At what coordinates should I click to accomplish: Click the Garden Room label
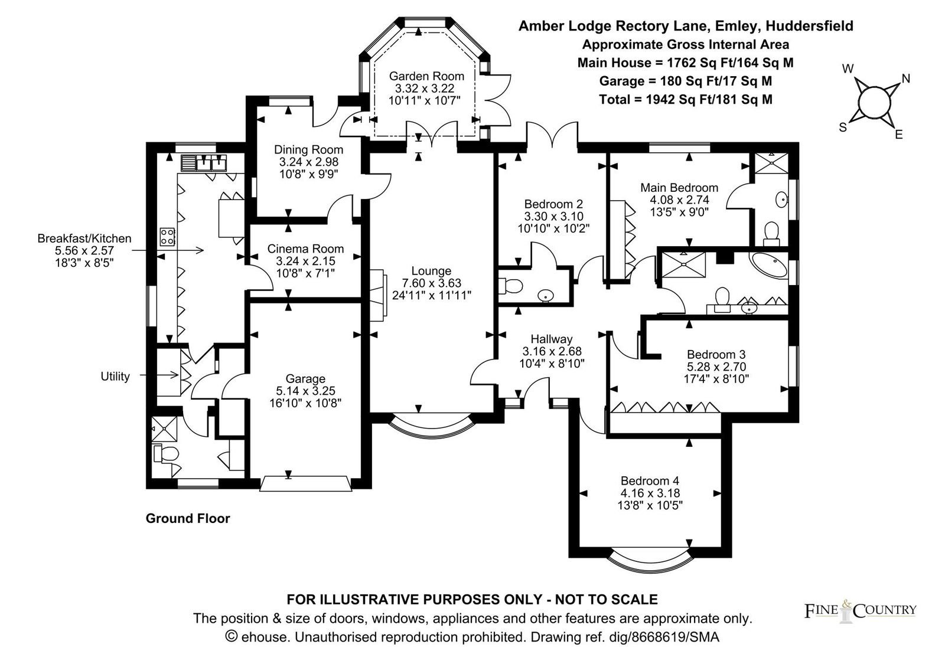(x=426, y=76)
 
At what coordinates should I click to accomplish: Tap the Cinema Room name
(x=305, y=249)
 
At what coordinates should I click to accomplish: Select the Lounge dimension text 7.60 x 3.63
(x=431, y=283)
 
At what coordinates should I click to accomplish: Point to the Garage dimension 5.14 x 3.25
(x=305, y=391)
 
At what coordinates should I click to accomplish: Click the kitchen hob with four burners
(x=167, y=237)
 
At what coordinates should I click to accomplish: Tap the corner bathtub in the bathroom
(x=768, y=264)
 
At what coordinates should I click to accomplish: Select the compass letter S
(x=843, y=127)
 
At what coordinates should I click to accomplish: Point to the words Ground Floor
(x=188, y=518)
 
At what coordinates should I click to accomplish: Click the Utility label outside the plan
(x=115, y=376)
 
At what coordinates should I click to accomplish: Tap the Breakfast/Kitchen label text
(x=84, y=238)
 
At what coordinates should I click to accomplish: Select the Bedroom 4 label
(x=650, y=480)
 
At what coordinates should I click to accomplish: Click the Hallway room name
(x=552, y=339)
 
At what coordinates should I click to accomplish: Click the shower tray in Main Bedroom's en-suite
(x=771, y=163)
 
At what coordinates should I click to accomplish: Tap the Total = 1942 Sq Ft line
(x=686, y=100)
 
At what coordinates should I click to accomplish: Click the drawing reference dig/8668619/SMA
(x=664, y=636)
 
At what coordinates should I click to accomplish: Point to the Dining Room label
(x=308, y=150)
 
